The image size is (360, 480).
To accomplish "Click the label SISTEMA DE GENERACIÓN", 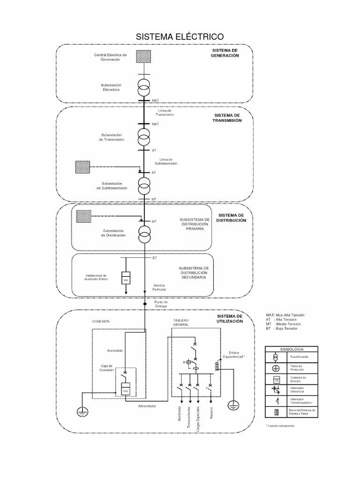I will point(225,53).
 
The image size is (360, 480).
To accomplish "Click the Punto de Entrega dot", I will point(145,304).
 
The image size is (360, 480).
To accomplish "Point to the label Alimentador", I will point(147,406).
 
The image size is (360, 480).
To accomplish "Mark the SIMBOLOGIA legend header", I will point(292,350).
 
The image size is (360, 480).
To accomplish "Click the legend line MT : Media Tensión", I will point(283,324).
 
